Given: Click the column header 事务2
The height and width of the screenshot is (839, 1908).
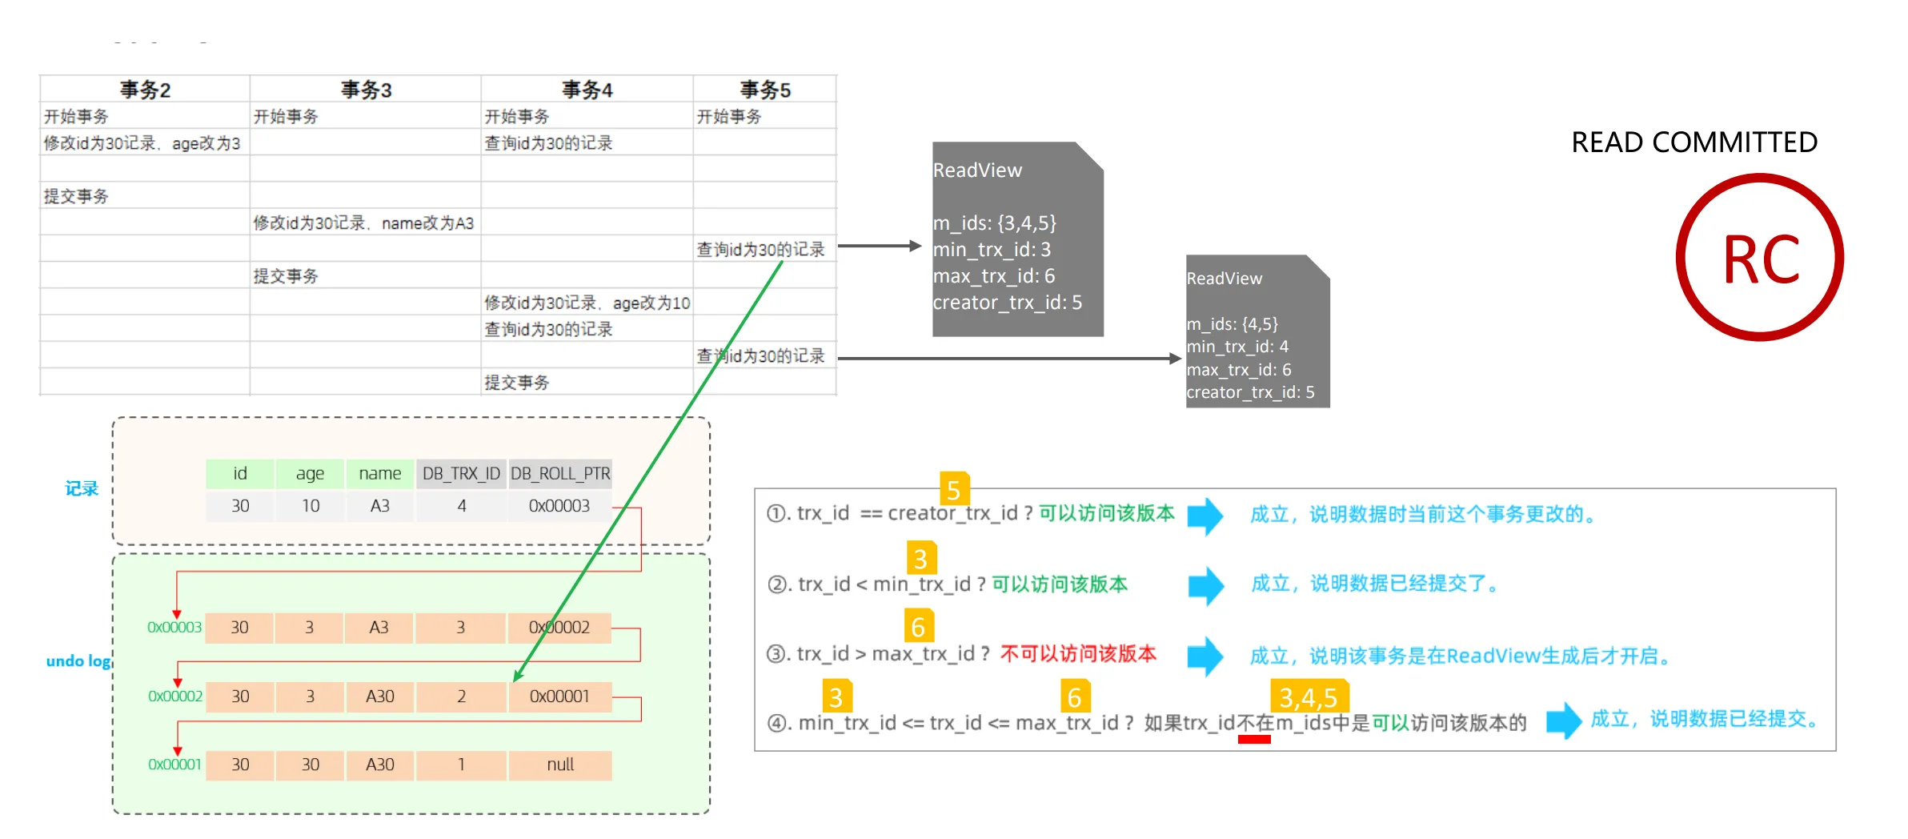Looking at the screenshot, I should (x=145, y=90).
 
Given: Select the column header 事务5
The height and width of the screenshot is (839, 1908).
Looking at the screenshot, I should (x=764, y=90).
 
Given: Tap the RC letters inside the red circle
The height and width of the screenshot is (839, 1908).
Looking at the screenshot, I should (x=1761, y=259).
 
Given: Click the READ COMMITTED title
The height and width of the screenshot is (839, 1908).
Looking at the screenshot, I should (x=1694, y=143).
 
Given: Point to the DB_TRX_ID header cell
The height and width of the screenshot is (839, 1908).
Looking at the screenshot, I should (x=461, y=473).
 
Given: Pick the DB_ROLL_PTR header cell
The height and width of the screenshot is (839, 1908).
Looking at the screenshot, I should (x=560, y=473).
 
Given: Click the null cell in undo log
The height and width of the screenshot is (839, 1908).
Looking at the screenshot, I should (x=559, y=765).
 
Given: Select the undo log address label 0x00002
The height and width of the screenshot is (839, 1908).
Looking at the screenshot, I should (x=174, y=696).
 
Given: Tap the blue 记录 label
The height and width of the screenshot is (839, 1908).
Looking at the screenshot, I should (x=82, y=488).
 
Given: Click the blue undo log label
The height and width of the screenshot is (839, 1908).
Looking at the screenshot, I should (x=78, y=660).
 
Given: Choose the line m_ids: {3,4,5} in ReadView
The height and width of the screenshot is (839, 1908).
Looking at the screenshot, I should (x=995, y=223).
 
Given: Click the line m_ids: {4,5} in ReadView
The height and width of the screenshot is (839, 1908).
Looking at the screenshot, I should (x=1232, y=324).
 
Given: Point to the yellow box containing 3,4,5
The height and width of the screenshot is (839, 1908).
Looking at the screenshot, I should (x=1309, y=696).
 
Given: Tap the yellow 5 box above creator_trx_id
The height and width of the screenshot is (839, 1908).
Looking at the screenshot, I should (x=953, y=488).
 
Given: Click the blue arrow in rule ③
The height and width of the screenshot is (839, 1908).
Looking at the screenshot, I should (x=1205, y=656).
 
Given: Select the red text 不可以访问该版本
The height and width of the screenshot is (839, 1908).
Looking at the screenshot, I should (x=1078, y=654).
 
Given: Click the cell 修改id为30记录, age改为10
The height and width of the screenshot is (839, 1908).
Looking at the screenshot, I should (x=587, y=303).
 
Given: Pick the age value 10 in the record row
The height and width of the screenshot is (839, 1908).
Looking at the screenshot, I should (x=310, y=506).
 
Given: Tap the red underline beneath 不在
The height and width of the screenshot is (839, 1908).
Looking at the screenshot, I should (x=1254, y=740).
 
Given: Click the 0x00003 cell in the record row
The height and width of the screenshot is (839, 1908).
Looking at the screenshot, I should (x=559, y=506).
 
